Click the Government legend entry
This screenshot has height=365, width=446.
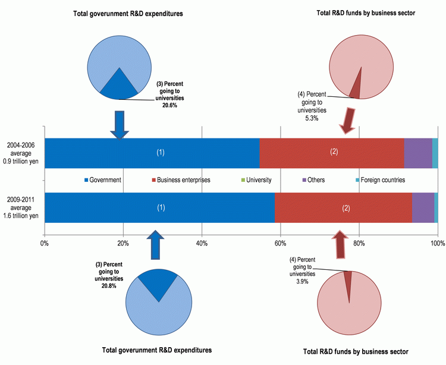(x=103, y=180)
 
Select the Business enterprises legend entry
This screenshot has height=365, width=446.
(x=181, y=180)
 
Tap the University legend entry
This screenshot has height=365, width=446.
(x=256, y=180)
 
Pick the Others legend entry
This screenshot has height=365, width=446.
(x=313, y=180)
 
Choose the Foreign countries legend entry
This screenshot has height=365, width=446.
(x=381, y=180)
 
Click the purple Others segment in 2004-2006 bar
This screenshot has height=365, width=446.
(x=418, y=153)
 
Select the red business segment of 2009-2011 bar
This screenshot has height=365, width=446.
(x=343, y=208)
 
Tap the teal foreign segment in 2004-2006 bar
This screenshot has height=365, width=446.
(x=435, y=153)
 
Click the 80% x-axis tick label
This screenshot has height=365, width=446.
(x=359, y=243)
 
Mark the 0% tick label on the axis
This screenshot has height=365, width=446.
(x=45, y=243)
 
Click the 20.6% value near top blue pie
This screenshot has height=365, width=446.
(x=170, y=105)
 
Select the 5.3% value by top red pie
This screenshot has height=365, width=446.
(x=312, y=118)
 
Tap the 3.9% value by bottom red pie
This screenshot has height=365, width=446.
(x=302, y=281)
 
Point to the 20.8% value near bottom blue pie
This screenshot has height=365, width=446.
(x=109, y=286)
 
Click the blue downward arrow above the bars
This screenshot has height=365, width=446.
(x=120, y=125)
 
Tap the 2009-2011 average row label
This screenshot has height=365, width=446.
(x=20, y=208)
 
